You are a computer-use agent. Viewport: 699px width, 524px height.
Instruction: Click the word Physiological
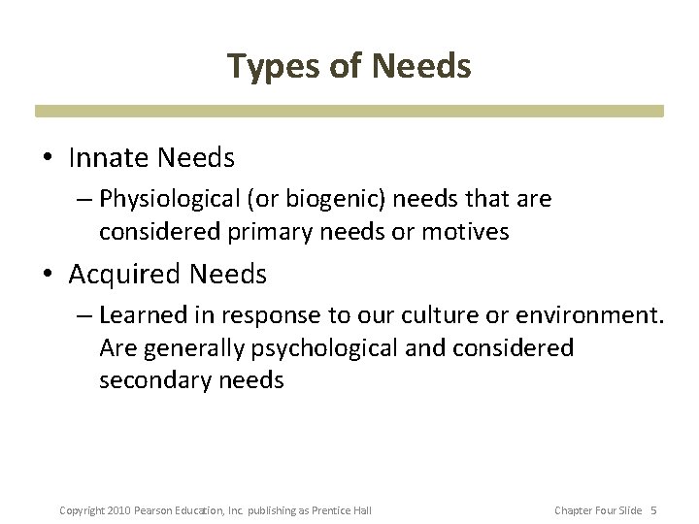click(161, 199)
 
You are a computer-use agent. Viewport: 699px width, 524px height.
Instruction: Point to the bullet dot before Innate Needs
click(50, 156)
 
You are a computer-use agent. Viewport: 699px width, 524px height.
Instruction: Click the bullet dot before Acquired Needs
click(50, 276)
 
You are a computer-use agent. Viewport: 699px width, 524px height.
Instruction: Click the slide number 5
click(653, 510)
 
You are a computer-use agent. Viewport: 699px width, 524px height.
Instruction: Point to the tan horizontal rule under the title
click(349, 112)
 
